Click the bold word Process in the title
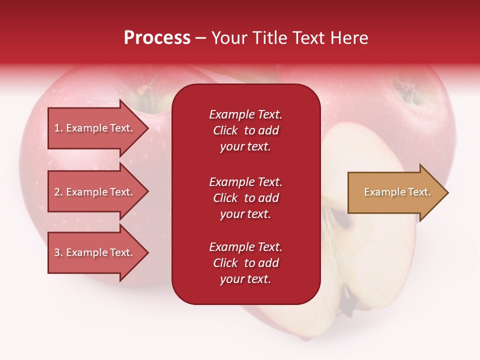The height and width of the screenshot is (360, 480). point(157,38)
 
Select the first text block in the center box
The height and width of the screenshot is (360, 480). point(245,130)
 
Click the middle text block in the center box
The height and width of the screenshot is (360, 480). point(245,198)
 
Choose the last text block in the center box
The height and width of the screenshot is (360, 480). point(245,263)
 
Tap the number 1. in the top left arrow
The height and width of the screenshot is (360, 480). point(58,128)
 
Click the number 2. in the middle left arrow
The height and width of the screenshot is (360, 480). point(58,192)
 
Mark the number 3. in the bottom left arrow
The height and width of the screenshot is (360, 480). point(58,252)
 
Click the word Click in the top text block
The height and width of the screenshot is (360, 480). point(225,130)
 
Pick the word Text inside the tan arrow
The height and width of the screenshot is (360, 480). point(419,192)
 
